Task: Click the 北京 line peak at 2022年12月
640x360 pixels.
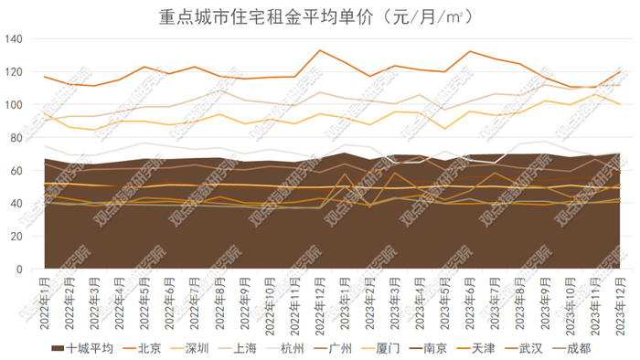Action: [319, 50]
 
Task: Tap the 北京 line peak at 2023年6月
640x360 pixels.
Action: [469, 51]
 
